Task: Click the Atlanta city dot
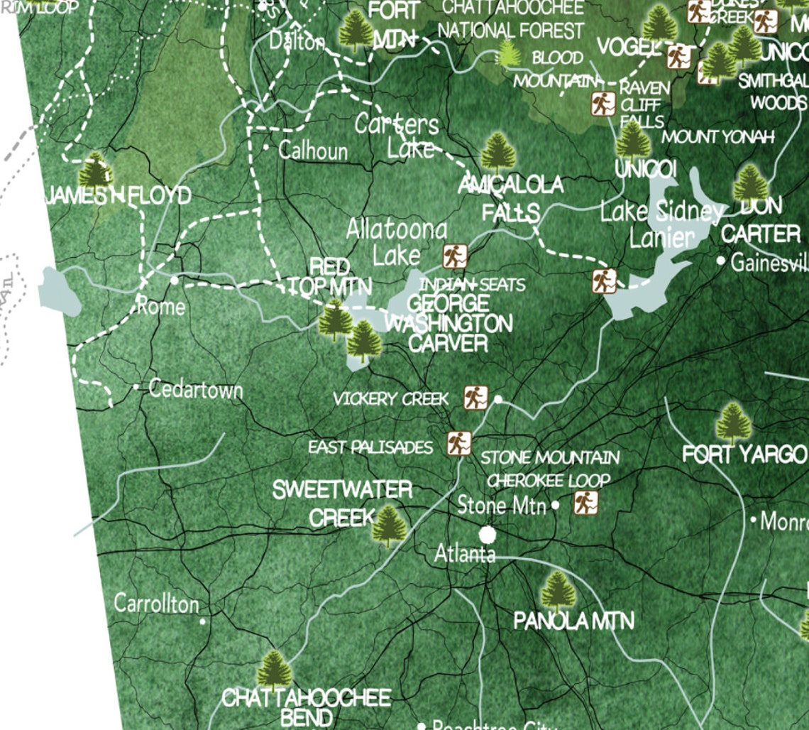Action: click(488, 534)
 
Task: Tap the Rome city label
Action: click(161, 307)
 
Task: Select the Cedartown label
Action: click(196, 390)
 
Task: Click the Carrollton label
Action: click(157, 604)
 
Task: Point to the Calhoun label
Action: click(313, 151)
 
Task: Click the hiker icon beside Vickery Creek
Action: click(475, 398)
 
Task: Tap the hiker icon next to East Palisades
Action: click(459, 444)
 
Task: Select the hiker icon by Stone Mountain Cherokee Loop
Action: click(585, 503)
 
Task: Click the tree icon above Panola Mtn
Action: click(558, 590)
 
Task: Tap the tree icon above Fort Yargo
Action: click(733, 423)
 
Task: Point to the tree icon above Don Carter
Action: click(750, 183)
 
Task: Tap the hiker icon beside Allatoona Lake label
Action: click(455, 256)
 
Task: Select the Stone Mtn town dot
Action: click(556, 506)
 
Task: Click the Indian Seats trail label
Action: click(472, 285)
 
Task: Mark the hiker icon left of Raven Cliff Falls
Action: click(602, 104)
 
